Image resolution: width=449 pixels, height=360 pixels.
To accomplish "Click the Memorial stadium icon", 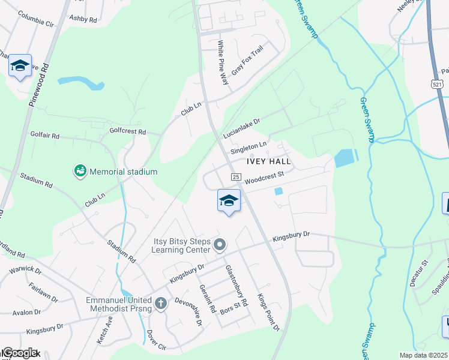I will pyautogui.click(x=80, y=172).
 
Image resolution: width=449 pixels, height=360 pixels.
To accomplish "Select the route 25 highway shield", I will pyautogui.click(x=236, y=177).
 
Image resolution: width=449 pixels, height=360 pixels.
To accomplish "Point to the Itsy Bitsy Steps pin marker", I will pyautogui.click(x=220, y=244).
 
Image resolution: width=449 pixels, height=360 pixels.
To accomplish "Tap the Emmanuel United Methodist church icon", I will pyautogui.click(x=160, y=303).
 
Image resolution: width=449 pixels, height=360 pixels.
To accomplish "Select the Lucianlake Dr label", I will pyautogui.click(x=241, y=128).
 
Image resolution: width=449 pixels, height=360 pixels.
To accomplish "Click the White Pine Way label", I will pyautogui.click(x=223, y=62).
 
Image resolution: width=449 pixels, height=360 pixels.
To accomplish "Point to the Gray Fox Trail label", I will pyautogui.click(x=247, y=60).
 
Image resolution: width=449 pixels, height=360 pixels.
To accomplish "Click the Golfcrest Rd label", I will pyautogui.click(x=128, y=131).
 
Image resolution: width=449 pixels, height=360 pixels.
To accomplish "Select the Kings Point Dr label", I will pyautogui.click(x=268, y=312).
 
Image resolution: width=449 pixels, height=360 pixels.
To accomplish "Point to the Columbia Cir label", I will pyautogui.click(x=37, y=21).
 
